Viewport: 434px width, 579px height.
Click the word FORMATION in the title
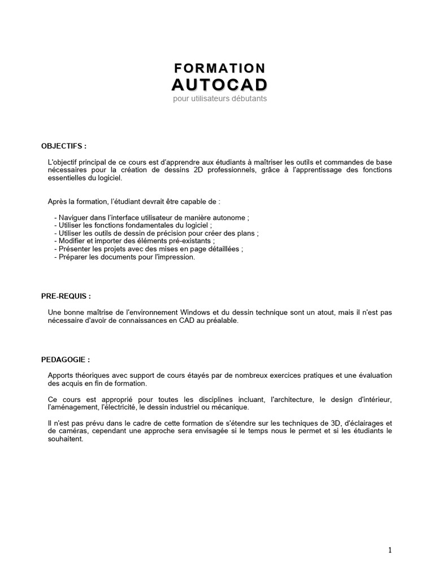click(219, 68)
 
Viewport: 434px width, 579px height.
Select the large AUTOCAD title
click(219, 85)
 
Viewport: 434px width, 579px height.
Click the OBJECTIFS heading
click(64, 146)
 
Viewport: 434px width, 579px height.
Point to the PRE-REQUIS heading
click(66, 296)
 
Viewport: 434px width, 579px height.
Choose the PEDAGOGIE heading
click(65, 359)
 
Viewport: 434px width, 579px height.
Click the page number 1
click(390, 550)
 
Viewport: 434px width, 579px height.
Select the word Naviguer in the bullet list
click(75, 218)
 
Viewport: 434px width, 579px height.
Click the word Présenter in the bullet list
click(76, 249)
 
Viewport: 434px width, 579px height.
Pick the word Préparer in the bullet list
click(74, 257)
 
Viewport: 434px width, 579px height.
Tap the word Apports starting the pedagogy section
click(60, 375)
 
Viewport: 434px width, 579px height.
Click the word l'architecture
click(291, 399)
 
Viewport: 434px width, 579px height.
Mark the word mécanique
click(231, 407)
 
